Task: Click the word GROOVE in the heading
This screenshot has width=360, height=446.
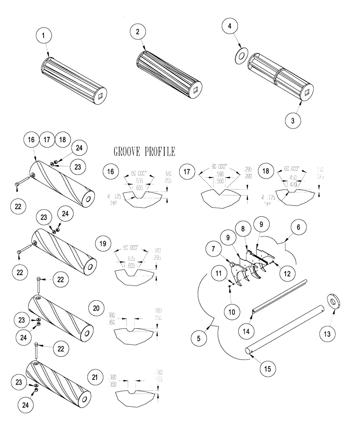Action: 128,151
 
